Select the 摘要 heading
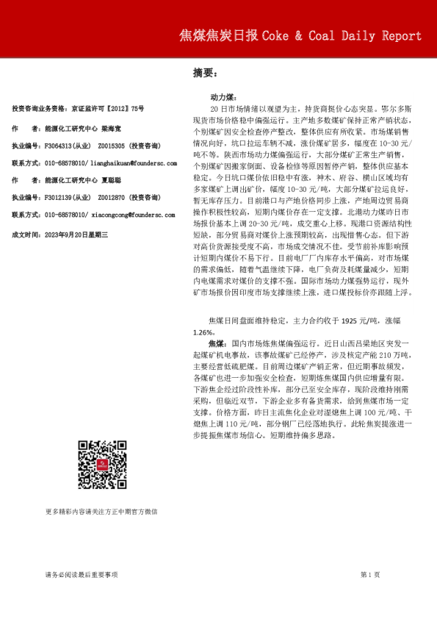204,73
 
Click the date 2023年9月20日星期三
78,234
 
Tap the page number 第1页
369,573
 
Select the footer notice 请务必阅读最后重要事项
81,573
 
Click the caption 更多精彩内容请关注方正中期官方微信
101,511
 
